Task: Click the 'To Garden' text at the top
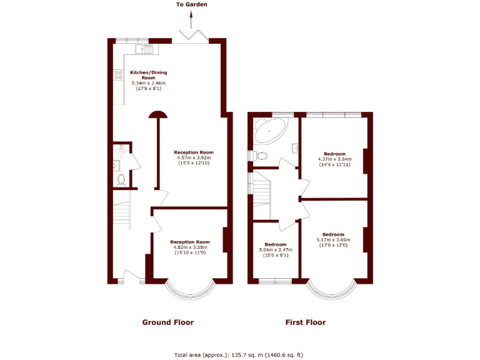191,4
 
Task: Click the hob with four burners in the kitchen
117,76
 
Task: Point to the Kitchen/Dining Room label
149,75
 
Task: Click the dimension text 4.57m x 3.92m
194,158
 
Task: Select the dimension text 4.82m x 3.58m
190,247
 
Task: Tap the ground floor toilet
121,180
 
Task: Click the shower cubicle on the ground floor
120,152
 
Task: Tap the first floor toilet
259,155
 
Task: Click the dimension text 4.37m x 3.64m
334,159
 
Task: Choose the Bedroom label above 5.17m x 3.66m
334,234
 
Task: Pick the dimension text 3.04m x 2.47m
276,250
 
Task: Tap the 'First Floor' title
306,322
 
